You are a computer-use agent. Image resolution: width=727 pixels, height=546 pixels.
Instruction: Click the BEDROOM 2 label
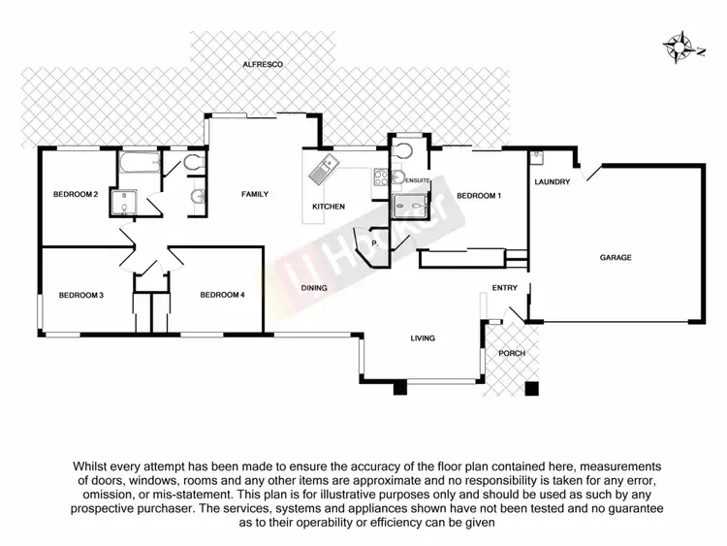pos(76,195)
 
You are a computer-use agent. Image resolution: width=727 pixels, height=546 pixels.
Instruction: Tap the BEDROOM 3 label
pos(80,295)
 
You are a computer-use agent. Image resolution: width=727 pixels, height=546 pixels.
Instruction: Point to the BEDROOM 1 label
pos(479,196)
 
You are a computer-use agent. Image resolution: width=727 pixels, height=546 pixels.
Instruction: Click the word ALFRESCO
pos(262,65)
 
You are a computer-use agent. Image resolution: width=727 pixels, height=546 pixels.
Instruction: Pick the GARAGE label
pos(615,258)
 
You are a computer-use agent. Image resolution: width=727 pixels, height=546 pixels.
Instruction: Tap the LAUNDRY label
pos(552,181)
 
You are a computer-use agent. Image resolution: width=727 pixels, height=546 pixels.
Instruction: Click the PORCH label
pos(511,353)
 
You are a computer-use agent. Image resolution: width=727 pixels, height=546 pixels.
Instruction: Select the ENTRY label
pos(505,288)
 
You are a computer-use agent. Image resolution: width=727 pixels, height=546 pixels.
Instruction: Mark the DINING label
pos(313,288)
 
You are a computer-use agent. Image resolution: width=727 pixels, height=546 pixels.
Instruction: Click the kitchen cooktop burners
pos(382,177)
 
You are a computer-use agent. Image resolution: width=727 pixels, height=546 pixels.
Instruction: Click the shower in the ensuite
pos(415,206)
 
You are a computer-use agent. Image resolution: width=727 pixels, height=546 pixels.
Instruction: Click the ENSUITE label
pos(418,181)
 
